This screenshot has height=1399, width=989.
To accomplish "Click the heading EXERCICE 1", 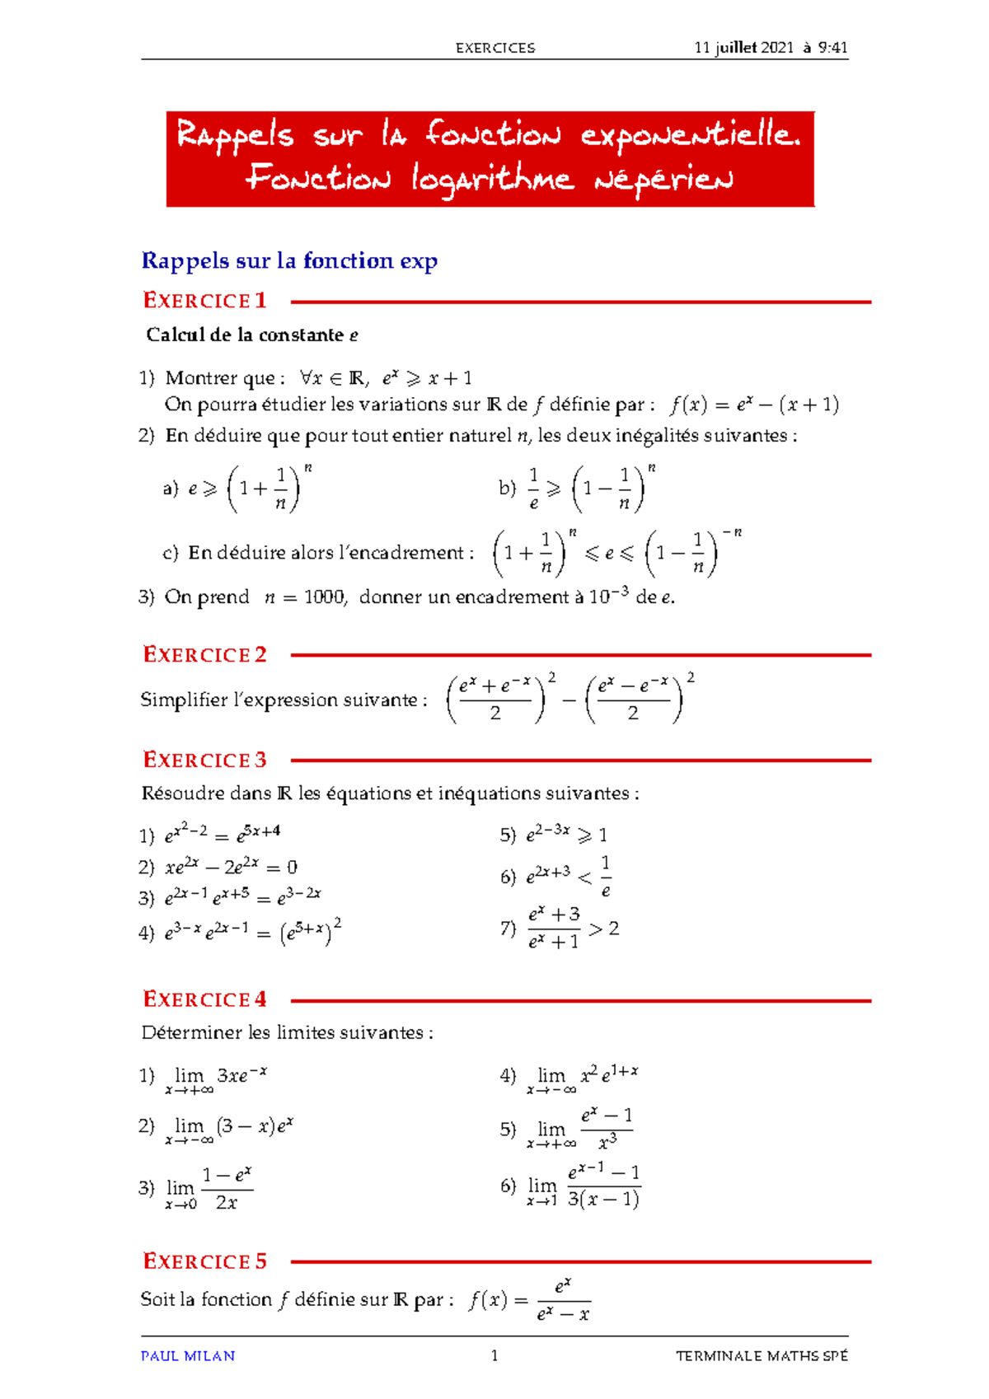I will point(204,301).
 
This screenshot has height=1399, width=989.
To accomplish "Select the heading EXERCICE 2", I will point(204,655).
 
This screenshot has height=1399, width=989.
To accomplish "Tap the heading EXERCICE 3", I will point(204,760).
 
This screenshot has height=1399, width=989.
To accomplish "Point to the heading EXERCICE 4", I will point(204,999).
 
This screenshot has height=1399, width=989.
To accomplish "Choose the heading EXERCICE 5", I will point(204,1261).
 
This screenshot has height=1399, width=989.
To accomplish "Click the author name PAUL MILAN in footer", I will point(188,1356).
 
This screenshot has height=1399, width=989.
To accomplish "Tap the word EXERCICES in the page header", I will point(494,48).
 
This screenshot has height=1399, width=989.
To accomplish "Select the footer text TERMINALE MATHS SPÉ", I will point(762,1356).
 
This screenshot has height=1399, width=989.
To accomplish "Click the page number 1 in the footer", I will point(494,1356).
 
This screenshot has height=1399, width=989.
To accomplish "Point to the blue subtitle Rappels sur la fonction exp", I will point(289,261).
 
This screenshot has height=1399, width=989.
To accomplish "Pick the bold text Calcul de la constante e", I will point(251,335).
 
